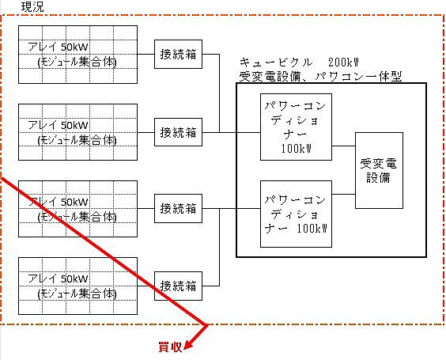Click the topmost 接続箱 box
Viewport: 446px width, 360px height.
click(x=179, y=54)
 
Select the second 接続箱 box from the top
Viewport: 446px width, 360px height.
click(x=179, y=132)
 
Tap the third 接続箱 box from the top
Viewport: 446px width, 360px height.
click(x=179, y=208)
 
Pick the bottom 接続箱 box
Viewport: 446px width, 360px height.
click(x=179, y=286)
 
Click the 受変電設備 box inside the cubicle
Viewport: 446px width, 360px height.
click(x=379, y=170)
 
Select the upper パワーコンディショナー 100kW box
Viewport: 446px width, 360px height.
click(x=296, y=127)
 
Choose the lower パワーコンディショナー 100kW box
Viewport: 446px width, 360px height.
click(x=296, y=214)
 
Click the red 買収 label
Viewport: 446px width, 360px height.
click(x=170, y=347)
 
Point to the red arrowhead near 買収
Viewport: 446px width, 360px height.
click(x=188, y=345)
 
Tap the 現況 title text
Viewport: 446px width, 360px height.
click(x=32, y=7)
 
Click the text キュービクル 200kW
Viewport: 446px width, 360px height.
click(x=299, y=63)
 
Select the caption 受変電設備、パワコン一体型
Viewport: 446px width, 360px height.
click(x=320, y=77)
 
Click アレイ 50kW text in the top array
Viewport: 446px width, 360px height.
click(x=58, y=47)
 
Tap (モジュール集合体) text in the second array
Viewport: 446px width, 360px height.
click(x=77, y=140)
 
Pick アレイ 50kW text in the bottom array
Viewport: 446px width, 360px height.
click(x=58, y=279)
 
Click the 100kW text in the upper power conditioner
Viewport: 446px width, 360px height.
click(x=296, y=149)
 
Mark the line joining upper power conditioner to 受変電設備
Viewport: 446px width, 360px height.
click(x=344, y=146)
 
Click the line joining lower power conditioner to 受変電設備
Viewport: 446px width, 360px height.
click(x=344, y=195)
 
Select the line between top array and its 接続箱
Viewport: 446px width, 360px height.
click(x=146, y=54)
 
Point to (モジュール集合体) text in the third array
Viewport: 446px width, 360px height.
click(x=77, y=217)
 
